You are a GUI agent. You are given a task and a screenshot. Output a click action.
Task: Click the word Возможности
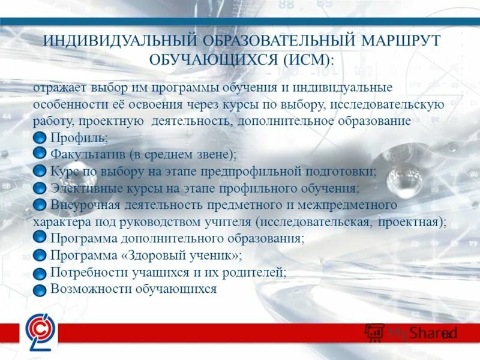click(88, 289)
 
